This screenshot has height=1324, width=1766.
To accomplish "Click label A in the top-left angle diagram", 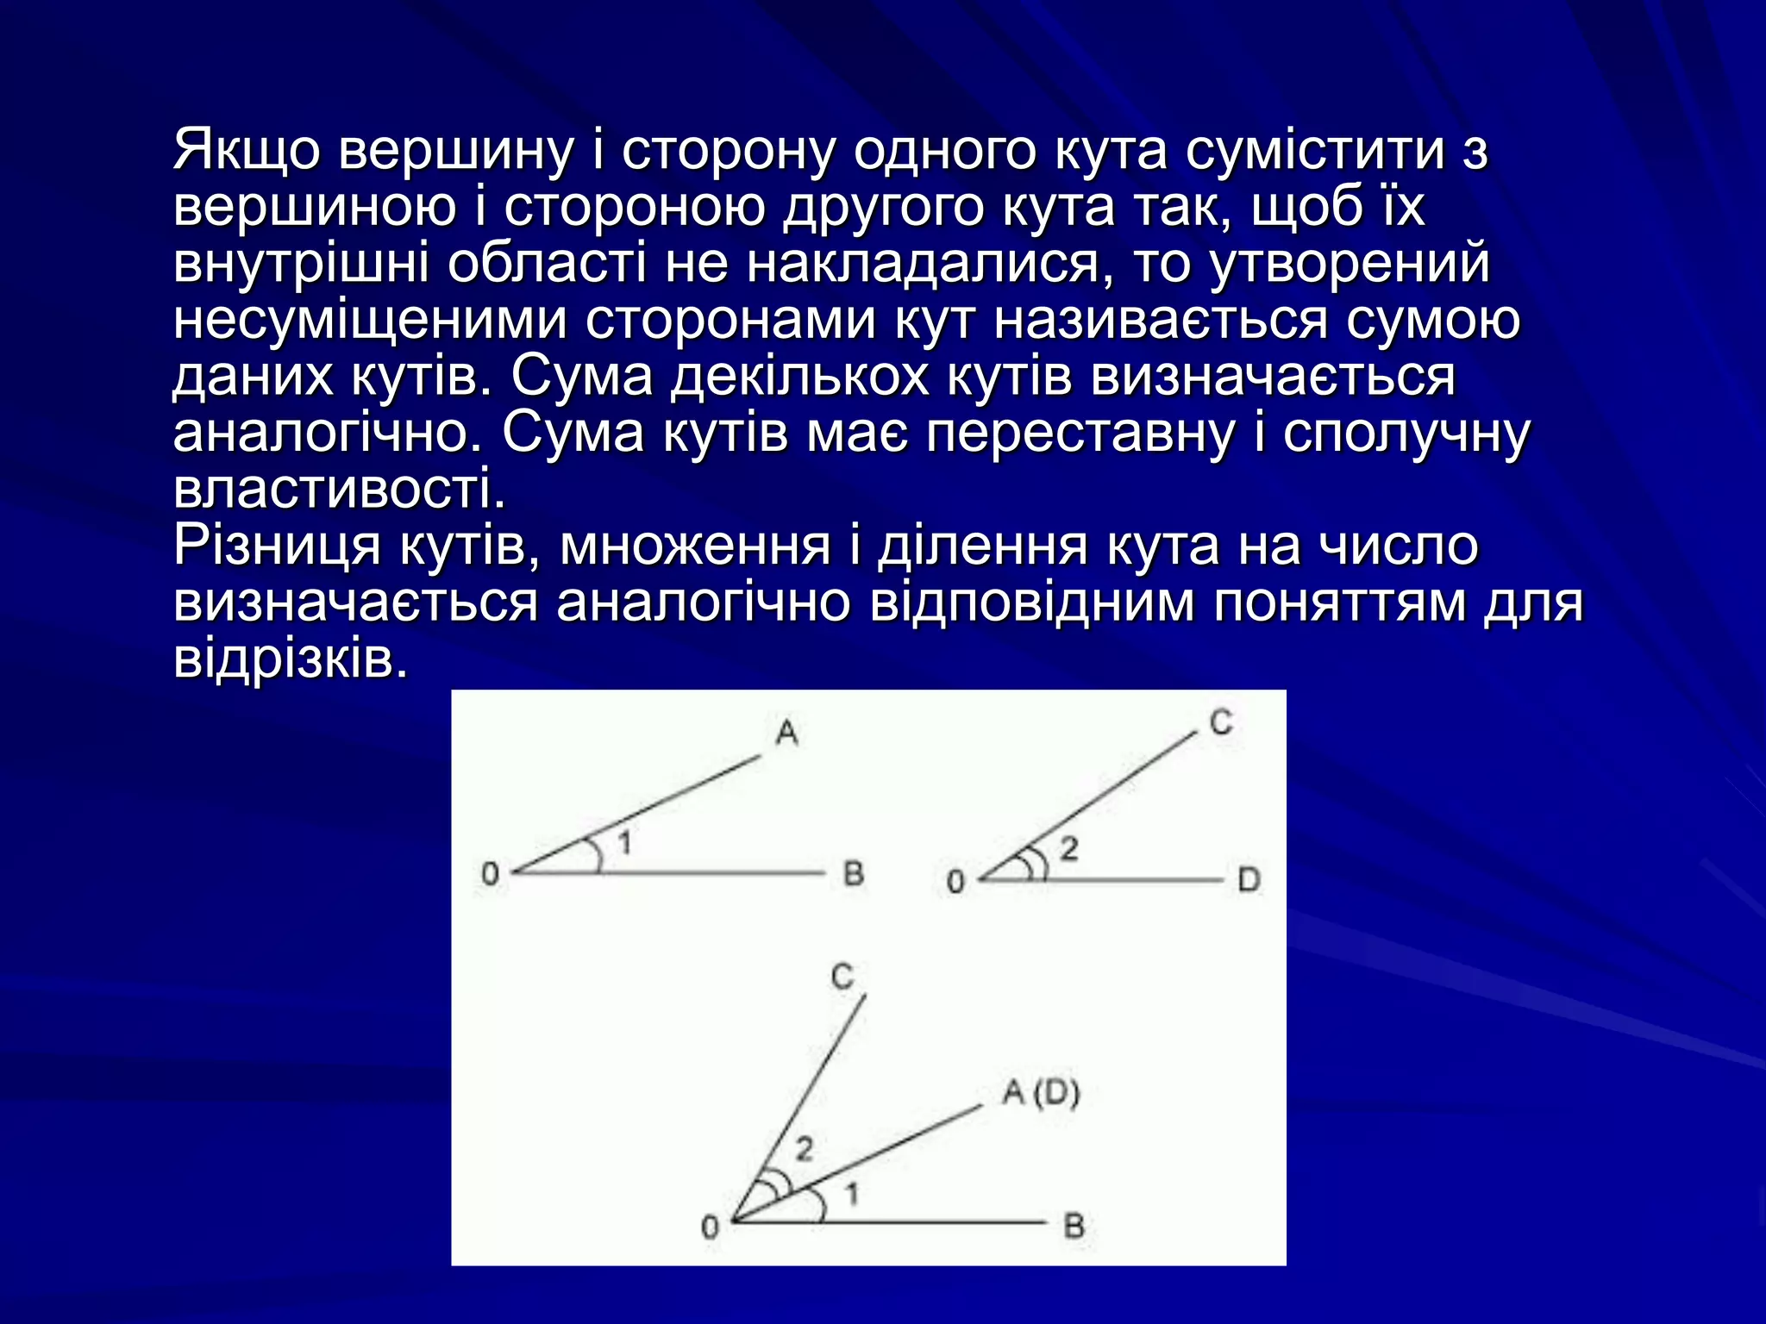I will [786, 733].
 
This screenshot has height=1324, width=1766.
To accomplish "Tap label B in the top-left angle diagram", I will [853, 874].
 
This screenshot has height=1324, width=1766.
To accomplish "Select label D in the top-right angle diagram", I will [1249, 880].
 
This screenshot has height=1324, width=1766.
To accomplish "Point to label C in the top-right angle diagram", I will [1221, 721].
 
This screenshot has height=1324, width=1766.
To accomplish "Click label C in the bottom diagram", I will [842, 977].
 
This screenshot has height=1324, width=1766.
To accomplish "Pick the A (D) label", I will [1041, 1093].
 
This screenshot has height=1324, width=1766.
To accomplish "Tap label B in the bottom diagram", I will [1074, 1225].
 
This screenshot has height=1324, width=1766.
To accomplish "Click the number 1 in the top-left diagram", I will [625, 841].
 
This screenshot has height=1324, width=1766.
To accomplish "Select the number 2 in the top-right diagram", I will [1069, 850].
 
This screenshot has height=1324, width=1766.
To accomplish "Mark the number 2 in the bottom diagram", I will [804, 1149].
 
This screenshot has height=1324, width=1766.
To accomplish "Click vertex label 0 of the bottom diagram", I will [710, 1227].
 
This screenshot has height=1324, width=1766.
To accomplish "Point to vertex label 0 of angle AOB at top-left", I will [490, 874].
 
